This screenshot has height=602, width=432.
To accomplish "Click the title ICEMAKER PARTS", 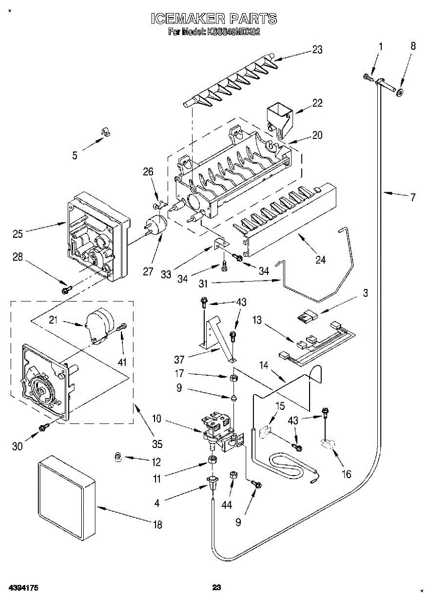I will [x=214, y=19].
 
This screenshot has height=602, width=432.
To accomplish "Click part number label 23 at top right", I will [x=317, y=50].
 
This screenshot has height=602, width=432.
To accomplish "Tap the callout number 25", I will [x=18, y=233].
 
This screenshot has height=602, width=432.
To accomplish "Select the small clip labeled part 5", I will [x=106, y=132].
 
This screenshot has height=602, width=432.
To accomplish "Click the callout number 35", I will [x=158, y=443].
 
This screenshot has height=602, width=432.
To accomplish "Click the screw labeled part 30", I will [x=43, y=427].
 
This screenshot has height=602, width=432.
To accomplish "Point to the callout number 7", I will [x=413, y=197].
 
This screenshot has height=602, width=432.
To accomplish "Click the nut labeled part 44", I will [x=233, y=475].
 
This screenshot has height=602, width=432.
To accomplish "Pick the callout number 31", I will [x=203, y=283].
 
